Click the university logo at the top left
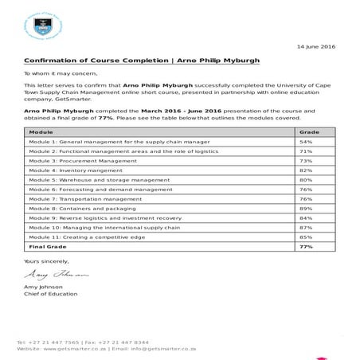click(41, 26)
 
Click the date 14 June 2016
click(316, 46)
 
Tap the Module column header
click(41, 131)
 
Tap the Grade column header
click(307, 131)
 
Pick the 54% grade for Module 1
click(305, 141)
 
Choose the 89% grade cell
click(305, 208)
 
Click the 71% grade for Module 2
click(305, 151)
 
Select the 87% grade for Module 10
click(305, 227)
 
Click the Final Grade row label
click(48, 247)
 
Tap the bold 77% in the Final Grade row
click(305, 247)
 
